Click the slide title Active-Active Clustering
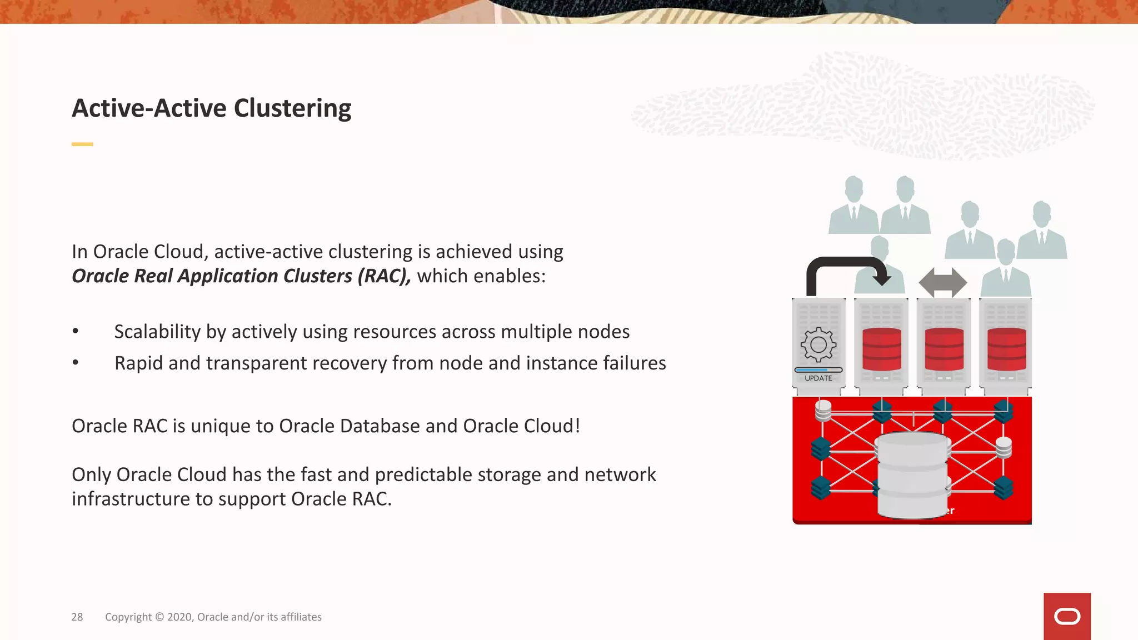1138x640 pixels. click(211, 108)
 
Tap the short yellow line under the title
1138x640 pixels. click(82, 144)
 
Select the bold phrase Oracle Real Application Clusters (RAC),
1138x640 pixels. click(242, 276)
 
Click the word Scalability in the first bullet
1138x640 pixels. click(157, 332)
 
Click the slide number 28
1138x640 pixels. click(77, 617)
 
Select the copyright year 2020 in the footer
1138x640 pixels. click(179, 617)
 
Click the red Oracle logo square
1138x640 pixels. click(1067, 616)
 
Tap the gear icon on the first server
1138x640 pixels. click(818, 345)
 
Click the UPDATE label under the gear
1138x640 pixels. click(818, 378)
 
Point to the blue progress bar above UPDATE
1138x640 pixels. click(818, 369)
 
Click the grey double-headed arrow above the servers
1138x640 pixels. click(943, 282)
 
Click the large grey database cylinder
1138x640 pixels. click(912, 475)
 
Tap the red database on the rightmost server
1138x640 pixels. click(1006, 349)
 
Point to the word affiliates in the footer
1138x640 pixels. click(301, 617)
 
